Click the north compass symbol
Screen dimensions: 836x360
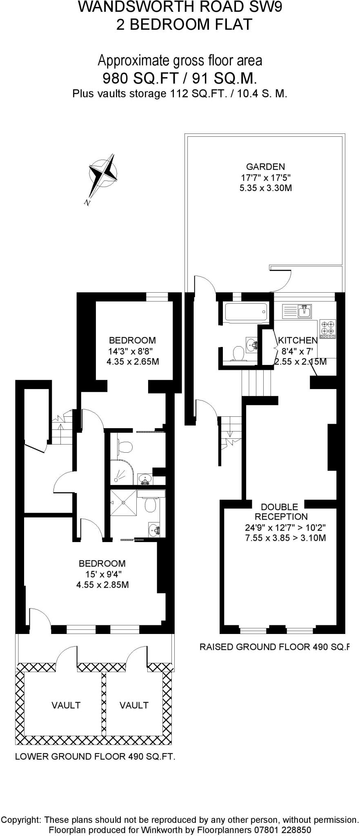pyautogui.click(x=104, y=174)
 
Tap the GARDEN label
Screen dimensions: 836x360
pyautogui.click(x=265, y=167)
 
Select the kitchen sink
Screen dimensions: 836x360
pyautogui.click(x=304, y=311)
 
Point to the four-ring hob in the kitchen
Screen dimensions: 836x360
pyautogui.click(x=328, y=328)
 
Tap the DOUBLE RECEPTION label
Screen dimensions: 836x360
pyautogui.click(x=279, y=511)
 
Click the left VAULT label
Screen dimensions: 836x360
pyautogui.click(x=66, y=705)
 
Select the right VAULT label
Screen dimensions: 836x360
pyautogui.click(x=134, y=705)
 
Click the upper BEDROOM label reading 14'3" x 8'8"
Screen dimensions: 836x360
pyautogui.click(x=132, y=340)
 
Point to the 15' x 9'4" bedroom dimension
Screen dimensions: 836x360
pyautogui.click(x=102, y=574)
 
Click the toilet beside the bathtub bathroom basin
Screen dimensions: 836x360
pyautogui.click(x=238, y=353)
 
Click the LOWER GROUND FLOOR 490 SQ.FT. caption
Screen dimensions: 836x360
pyautogui.click(x=95, y=756)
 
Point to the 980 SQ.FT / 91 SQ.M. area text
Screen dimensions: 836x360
pyautogui.click(x=180, y=78)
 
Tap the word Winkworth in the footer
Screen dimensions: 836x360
pyautogui.click(x=158, y=829)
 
